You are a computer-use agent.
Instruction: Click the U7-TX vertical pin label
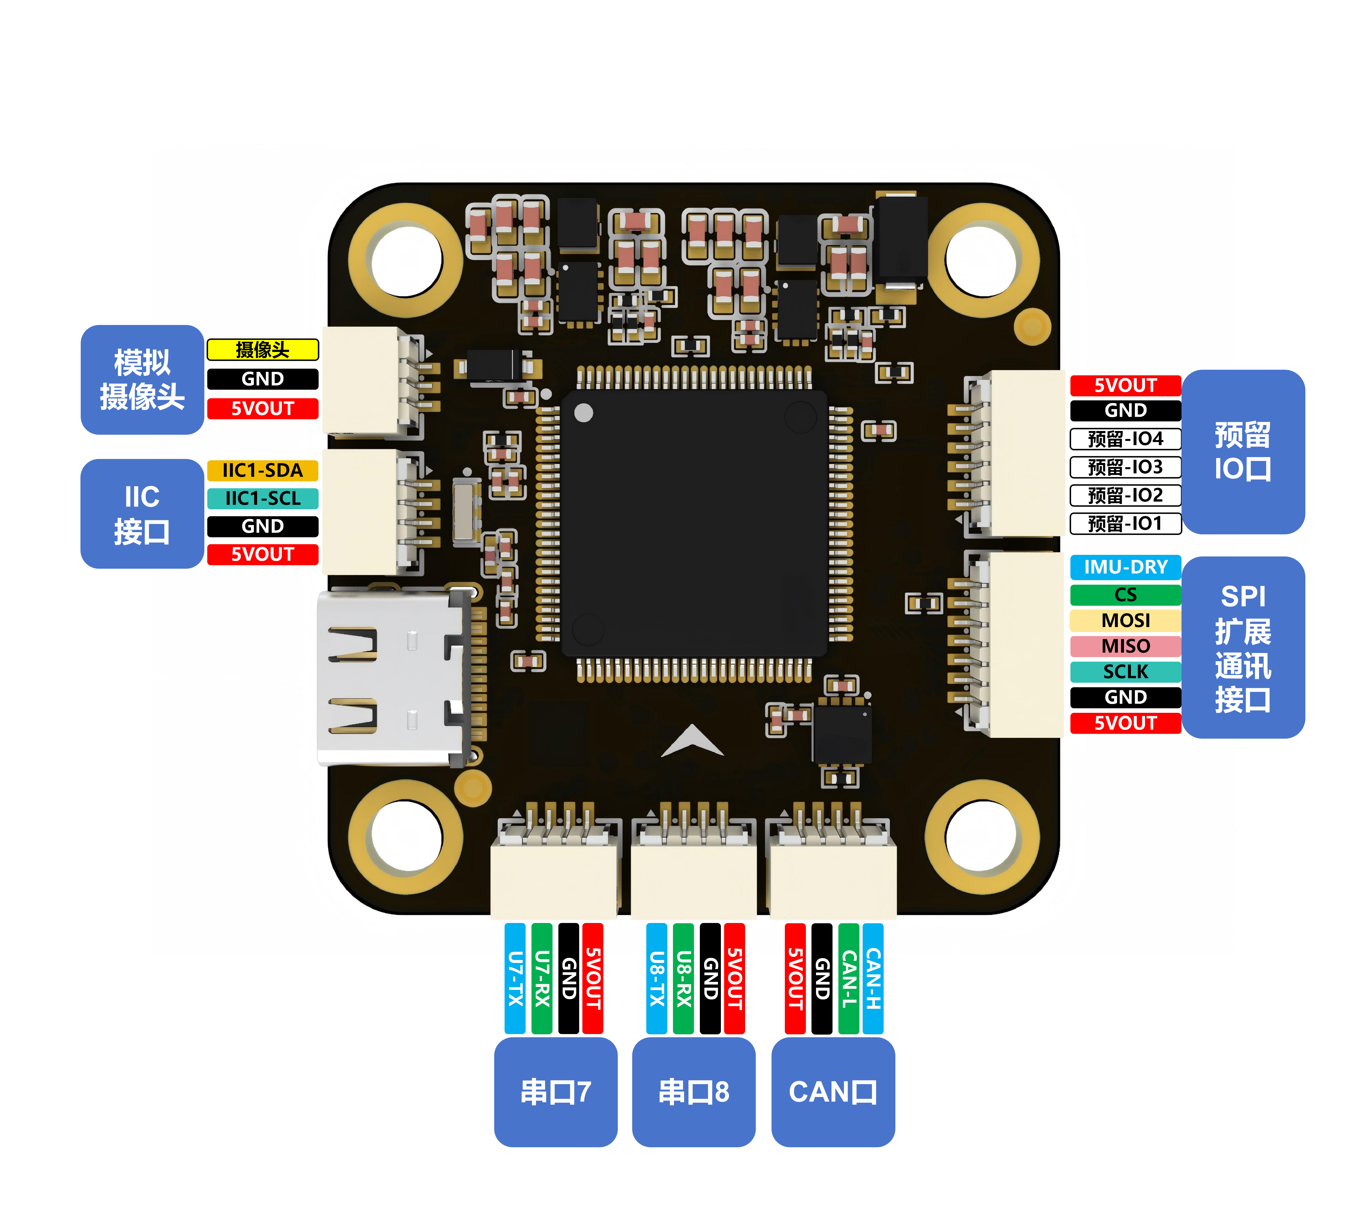514,978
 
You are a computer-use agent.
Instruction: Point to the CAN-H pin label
873,978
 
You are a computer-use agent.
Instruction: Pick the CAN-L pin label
848,978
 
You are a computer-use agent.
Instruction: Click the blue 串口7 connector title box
556,1092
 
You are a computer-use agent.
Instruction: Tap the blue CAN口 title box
833,1092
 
